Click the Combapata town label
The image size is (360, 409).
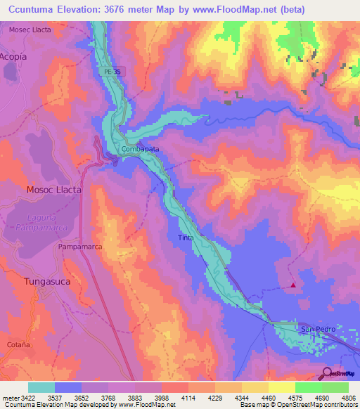pyautogui.click(x=139, y=150)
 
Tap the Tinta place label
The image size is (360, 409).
pyautogui.click(x=186, y=238)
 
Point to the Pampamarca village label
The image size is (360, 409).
pyautogui.click(x=80, y=247)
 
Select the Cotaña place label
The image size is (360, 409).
pyautogui.click(x=18, y=344)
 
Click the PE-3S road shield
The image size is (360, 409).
pyautogui.click(x=104, y=71)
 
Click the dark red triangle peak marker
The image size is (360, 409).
pyautogui.click(x=293, y=285)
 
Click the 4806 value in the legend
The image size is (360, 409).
pyautogui.click(x=347, y=398)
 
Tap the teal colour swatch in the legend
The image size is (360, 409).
pyautogui.click(x=41, y=387)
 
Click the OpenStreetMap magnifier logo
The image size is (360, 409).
pyautogui.click(x=326, y=373)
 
